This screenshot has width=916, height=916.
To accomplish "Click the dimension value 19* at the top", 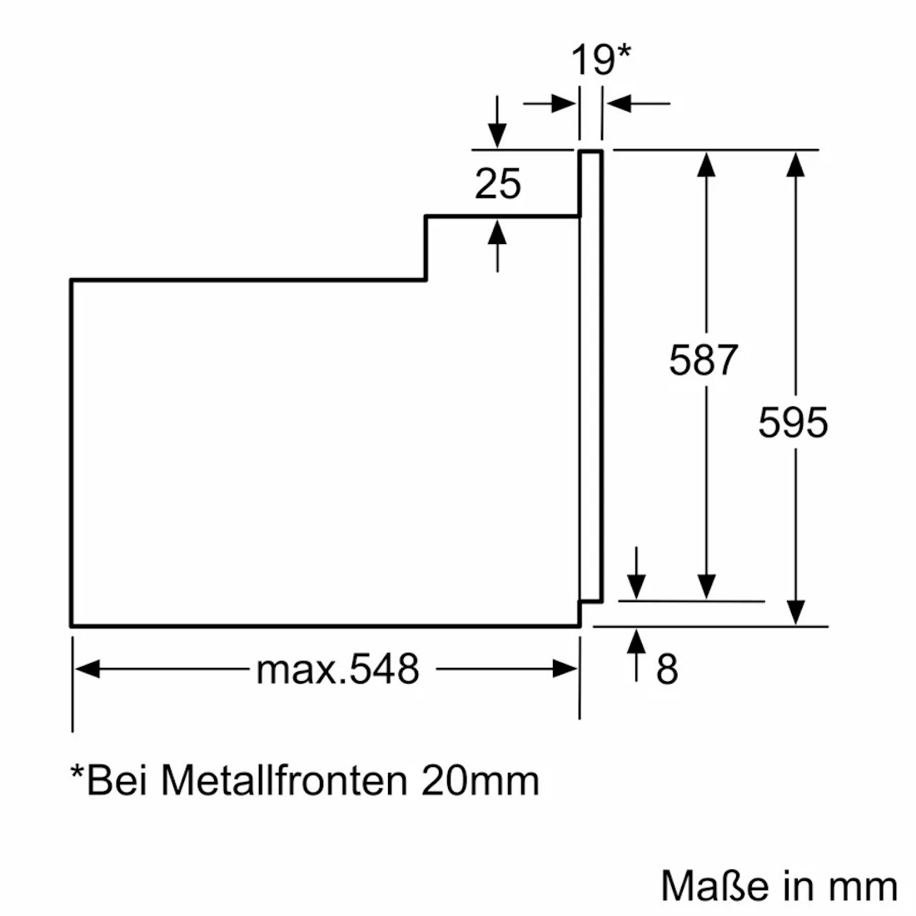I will click(600, 60).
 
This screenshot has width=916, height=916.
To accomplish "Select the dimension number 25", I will click(498, 183).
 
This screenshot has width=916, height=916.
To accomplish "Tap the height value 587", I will click(704, 360).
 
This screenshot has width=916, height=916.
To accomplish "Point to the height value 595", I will click(793, 422).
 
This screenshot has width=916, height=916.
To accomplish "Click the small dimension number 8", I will click(667, 669).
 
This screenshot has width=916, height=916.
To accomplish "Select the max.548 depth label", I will click(338, 668).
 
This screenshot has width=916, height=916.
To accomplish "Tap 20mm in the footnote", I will click(480, 780).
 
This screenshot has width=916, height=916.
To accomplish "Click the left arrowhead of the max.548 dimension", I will click(87, 669).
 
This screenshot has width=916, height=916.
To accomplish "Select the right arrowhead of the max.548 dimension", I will click(565, 669).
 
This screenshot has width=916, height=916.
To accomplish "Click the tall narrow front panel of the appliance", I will click(590, 375).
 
